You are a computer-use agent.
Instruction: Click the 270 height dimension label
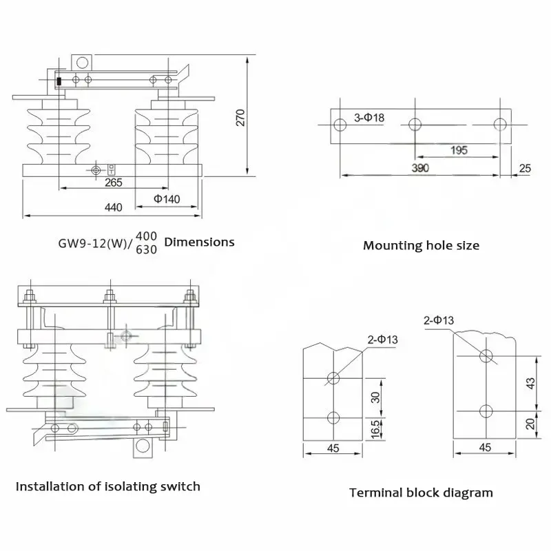point(240,118)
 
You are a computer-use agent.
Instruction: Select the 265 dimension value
point(114,183)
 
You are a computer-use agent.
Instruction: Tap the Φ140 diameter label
point(167,199)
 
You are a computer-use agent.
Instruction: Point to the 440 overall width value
point(114,207)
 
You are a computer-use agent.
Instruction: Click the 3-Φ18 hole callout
point(369,117)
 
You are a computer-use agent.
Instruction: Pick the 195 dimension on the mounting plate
point(459,150)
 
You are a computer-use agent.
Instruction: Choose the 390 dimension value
point(420,168)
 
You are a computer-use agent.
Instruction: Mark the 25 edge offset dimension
point(525,168)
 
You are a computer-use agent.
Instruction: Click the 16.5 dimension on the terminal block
point(375,429)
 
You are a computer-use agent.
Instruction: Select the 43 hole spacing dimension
point(530,383)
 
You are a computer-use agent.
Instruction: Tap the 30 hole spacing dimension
point(375,397)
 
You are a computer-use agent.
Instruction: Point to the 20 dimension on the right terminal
point(530,424)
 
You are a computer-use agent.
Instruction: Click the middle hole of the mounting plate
point(415,125)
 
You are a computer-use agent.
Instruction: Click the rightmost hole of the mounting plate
point(500,125)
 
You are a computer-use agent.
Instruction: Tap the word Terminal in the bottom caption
point(376,492)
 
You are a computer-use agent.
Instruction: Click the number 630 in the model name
point(146,249)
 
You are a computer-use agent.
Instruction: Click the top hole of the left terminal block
point(333,378)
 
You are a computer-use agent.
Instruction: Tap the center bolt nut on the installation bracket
point(110,300)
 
